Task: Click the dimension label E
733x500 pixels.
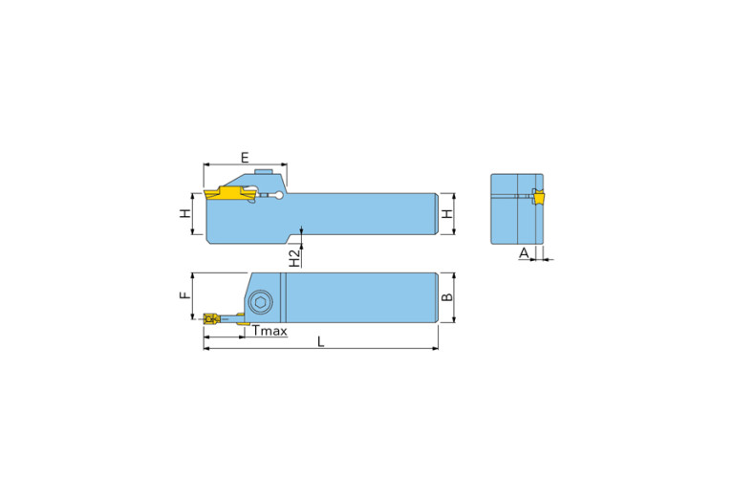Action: pos(245,157)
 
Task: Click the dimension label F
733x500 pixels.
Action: pos(184,295)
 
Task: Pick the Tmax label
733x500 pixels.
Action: pos(269,331)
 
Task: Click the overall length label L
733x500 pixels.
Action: pos(321,342)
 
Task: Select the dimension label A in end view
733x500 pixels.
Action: pos(523,253)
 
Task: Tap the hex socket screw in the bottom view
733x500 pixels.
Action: pos(260,303)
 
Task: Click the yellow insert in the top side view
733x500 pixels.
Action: pos(227,194)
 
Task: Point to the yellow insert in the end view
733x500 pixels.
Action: pos(538,198)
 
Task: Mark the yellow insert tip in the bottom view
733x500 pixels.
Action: pos(210,318)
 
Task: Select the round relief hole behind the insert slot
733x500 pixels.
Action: pos(278,198)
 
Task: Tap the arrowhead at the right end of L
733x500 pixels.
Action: pos(435,349)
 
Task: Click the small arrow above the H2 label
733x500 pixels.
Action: pos(302,230)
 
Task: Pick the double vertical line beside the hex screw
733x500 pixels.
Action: pos(284,297)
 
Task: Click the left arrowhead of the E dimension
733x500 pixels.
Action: pos(206,165)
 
